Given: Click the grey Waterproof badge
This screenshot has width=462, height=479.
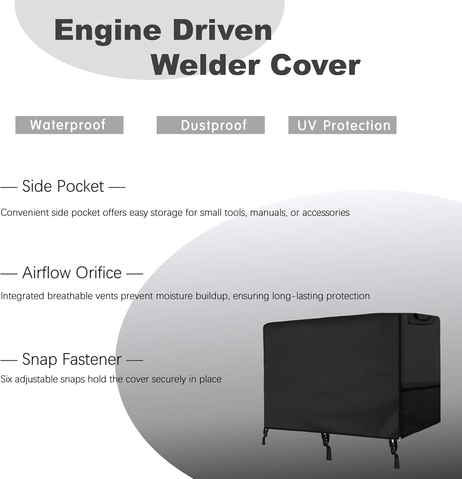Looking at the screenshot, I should (69, 125).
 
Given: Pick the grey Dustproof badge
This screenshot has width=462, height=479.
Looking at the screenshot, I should (211, 125).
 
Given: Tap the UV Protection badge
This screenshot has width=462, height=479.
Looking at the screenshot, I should (342, 125).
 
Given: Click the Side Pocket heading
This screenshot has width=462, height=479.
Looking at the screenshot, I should (63, 186).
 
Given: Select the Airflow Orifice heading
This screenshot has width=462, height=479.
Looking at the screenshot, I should (72, 273).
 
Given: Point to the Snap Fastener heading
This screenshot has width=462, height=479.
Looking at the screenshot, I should (72, 360).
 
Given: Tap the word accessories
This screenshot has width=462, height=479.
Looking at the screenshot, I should (326, 213).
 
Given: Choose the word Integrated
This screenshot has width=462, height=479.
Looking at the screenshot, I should (22, 296).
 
